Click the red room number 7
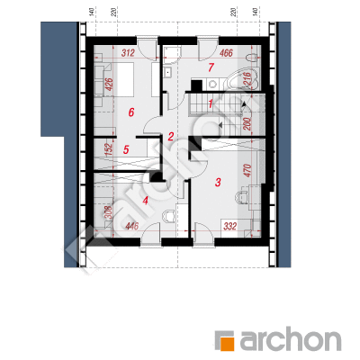[x=211, y=67]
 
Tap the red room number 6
[x=130, y=112]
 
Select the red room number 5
[x=126, y=149]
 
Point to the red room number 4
[x=146, y=201]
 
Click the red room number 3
[x=218, y=182]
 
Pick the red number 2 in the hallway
[x=171, y=137]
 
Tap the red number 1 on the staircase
[x=211, y=104]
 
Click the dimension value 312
[x=128, y=53]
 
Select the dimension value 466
[x=226, y=53]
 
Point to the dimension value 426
[x=109, y=85]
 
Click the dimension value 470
[x=247, y=170]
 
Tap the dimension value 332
[x=230, y=226]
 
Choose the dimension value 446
[x=131, y=226]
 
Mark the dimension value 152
[x=109, y=149]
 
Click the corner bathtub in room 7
[x=242, y=79]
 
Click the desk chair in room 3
[x=242, y=198]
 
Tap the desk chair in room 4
[x=168, y=216]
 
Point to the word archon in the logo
[x=290, y=340]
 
